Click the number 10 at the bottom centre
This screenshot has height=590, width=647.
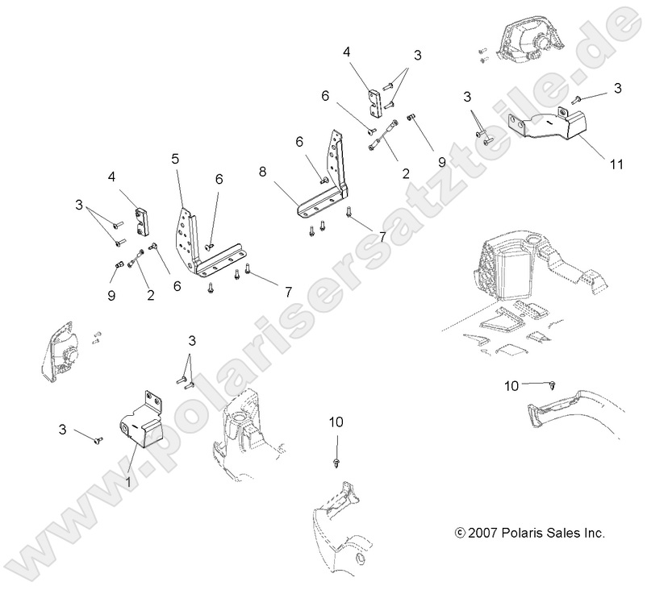click(336, 422)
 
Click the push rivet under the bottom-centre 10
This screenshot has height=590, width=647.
click(336, 461)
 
